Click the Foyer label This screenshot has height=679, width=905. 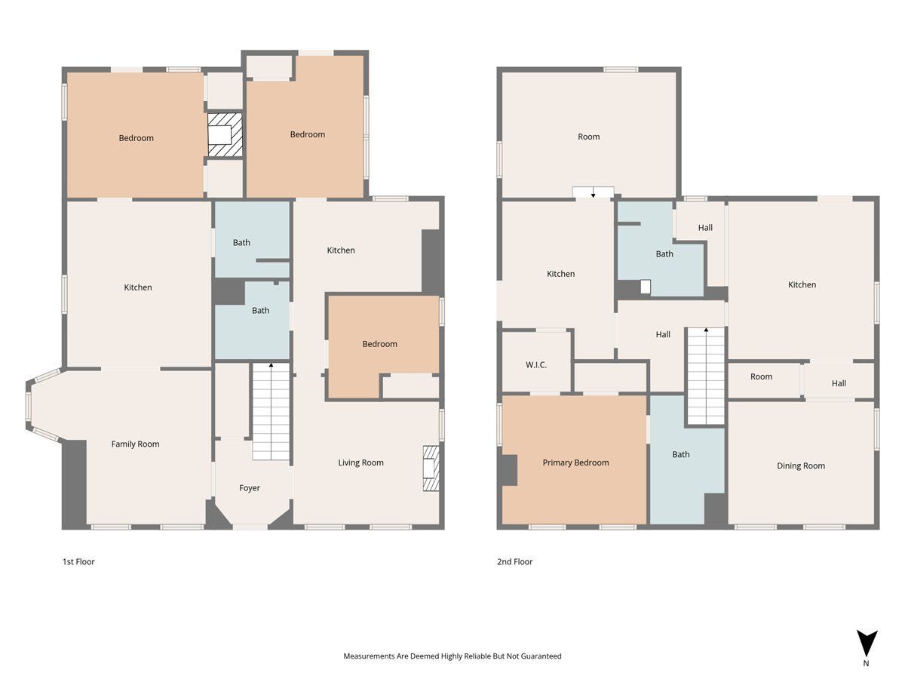click(x=250, y=488)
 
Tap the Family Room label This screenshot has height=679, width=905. click(x=135, y=444)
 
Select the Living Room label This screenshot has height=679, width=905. click(x=360, y=462)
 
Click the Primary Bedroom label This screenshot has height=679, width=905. click(x=575, y=462)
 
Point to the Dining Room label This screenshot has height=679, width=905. click(x=801, y=465)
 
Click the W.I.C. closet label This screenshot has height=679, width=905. click(x=536, y=365)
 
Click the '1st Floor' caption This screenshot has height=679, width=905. click(x=78, y=561)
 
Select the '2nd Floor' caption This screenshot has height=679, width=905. click(x=514, y=561)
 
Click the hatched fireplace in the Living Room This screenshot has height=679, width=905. click(x=431, y=469)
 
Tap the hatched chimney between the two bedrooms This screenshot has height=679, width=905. click(x=225, y=135)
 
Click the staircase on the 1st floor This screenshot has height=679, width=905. click(x=271, y=411)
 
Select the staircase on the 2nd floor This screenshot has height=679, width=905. click(x=706, y=376)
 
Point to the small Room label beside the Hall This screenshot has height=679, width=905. click(x=761, y=376)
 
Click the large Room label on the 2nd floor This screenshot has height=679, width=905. click(x=589, y=137)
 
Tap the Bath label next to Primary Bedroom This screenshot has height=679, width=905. click(x=681, y=454)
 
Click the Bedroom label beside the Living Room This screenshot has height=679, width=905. click(x=380, y=344)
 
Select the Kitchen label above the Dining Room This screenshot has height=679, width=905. click(x=802, y=284)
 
